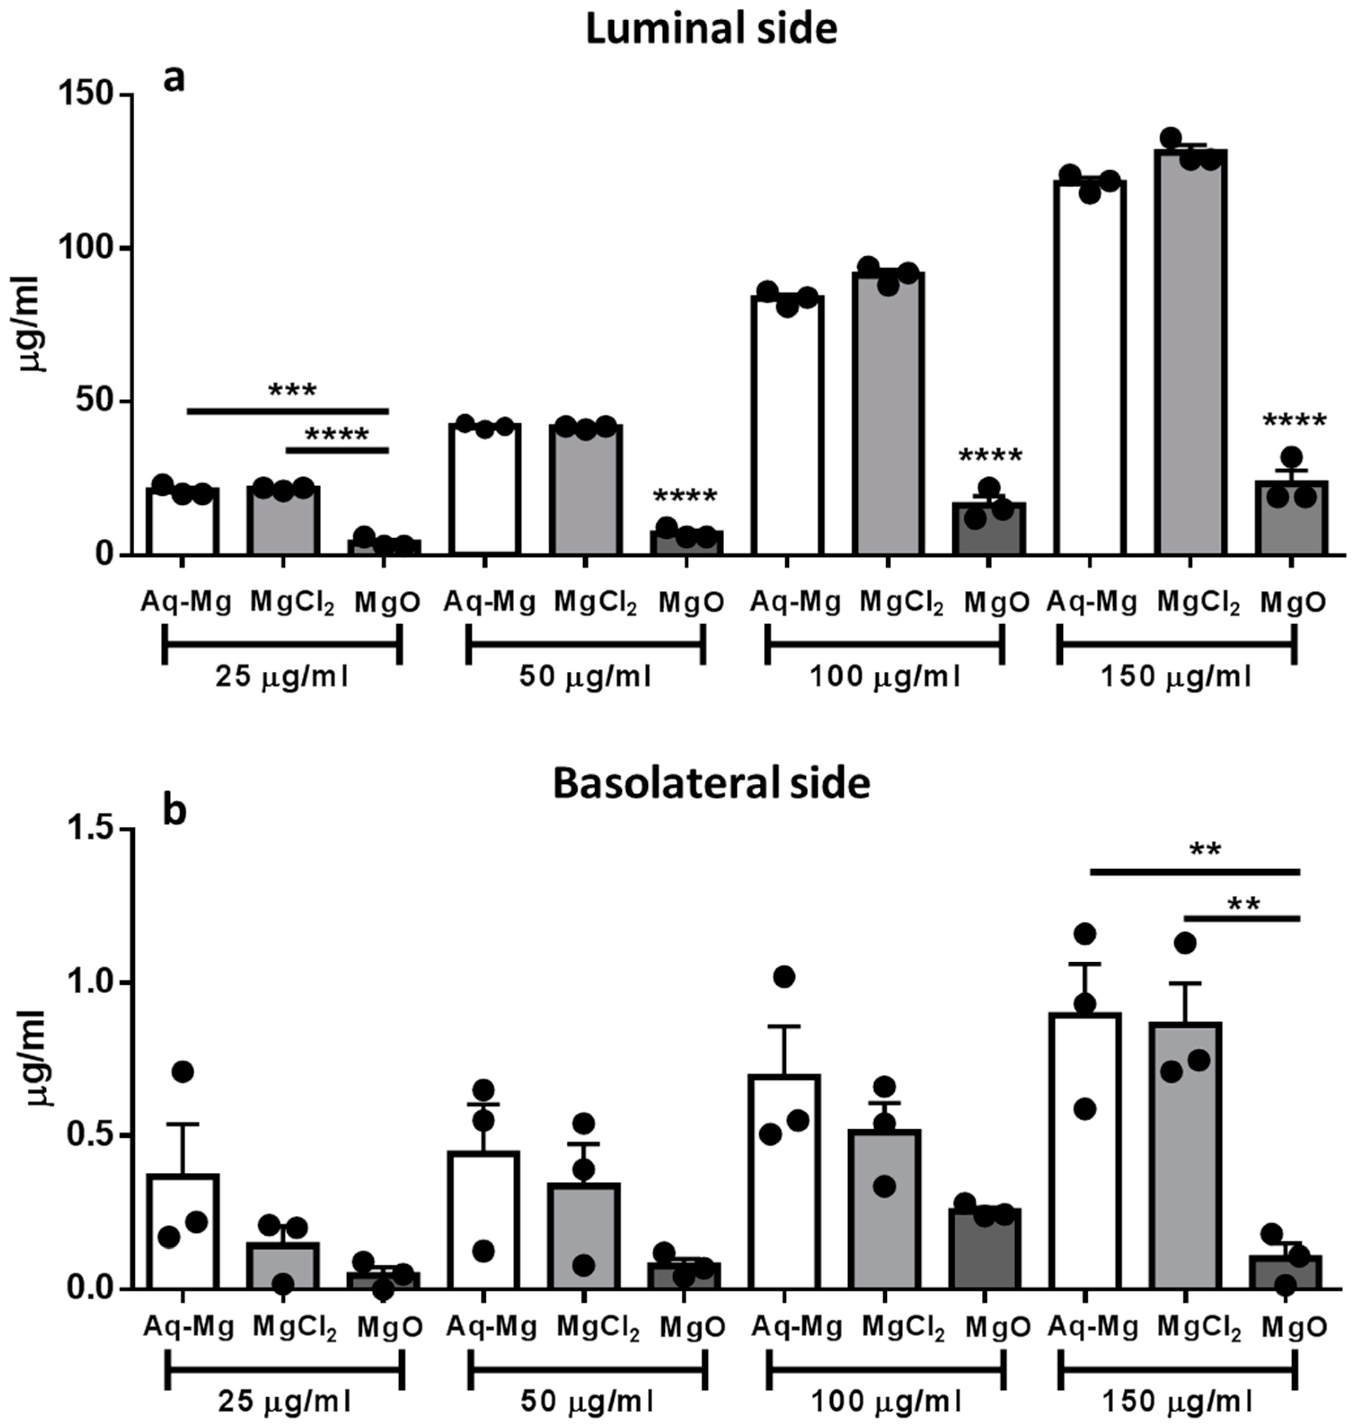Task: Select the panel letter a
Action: (x=174, y=78)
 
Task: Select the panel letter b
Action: (x=174, y=812)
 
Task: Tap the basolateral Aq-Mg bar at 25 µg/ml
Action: (x=183, y=1239)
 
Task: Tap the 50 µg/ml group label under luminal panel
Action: (x=585, y=678)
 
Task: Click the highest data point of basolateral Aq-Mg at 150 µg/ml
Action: (x=1084, y=934)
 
